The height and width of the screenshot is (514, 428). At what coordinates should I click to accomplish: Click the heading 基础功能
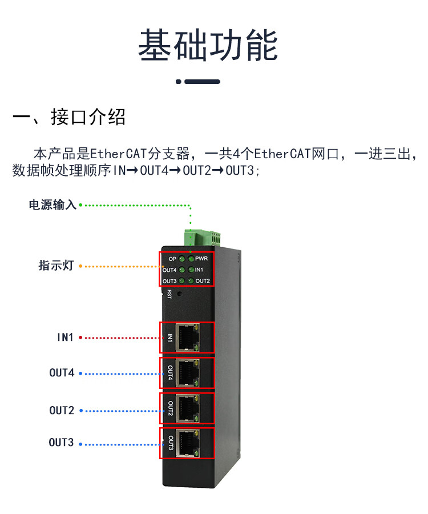coord(208,46)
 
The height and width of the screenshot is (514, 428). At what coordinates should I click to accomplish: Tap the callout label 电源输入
coord(53,205)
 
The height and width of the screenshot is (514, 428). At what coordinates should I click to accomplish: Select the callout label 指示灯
coord(56,266)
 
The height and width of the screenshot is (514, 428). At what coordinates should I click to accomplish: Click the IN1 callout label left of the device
coord(65,338)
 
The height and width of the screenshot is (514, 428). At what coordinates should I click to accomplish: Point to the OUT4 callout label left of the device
coord(62,374)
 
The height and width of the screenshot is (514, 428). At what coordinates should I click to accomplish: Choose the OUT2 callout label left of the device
coord(62,411)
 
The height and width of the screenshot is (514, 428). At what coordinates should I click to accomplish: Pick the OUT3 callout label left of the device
coord(61,443)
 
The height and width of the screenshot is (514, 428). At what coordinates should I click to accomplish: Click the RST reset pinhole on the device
coord(180,294)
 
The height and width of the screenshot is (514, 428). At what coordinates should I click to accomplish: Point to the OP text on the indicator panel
coord(172,259)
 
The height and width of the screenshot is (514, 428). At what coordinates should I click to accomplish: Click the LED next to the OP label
coord(182,259)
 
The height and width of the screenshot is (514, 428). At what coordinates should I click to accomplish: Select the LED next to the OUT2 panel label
coord(191,280)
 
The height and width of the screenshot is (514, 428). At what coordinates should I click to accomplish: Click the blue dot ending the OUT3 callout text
coord(80,443)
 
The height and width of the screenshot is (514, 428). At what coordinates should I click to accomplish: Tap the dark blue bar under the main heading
coord(202,82)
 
